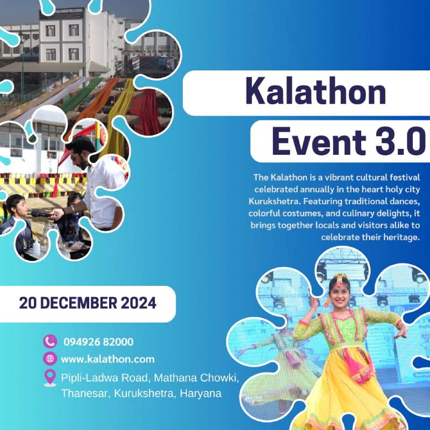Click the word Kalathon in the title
316,91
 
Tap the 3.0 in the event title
400,142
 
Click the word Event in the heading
319,142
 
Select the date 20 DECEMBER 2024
88,303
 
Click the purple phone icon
50,341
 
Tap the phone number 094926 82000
98,342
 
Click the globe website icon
50,359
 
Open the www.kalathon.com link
108,359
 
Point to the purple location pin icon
50,378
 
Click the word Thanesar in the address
85,393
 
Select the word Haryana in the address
200,394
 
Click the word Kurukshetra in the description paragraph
272,202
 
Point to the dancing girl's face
340,292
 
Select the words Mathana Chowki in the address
196,378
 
